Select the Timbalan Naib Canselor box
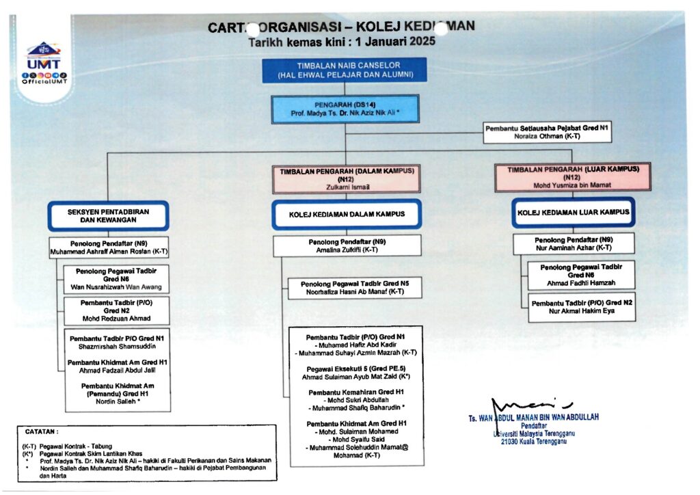344,70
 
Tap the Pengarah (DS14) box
345,109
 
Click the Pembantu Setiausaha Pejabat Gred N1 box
546,132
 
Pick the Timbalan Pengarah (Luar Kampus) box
573,177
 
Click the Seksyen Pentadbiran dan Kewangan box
108,216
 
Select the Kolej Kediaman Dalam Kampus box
347,214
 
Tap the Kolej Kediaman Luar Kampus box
573,212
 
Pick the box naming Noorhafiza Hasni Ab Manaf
355,288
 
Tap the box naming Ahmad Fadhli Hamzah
581,274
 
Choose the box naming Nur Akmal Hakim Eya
581,307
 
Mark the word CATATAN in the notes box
42,432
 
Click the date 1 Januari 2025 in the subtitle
396,41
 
